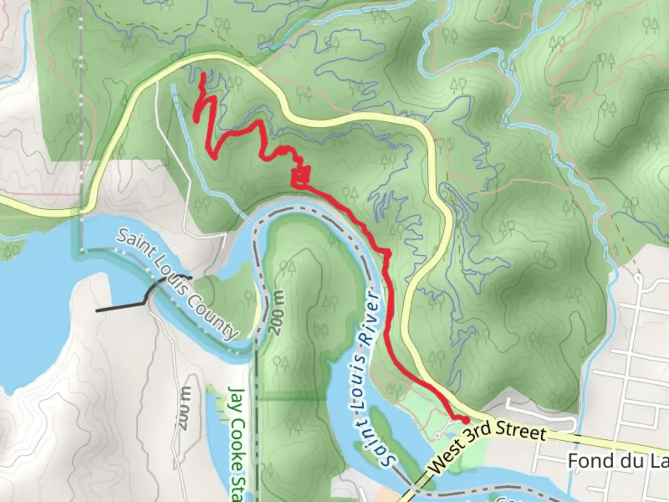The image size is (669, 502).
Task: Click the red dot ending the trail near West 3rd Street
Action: [465, 420]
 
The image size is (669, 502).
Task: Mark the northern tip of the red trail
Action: [203, 74]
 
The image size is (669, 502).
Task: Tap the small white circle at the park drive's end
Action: [437, 436]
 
